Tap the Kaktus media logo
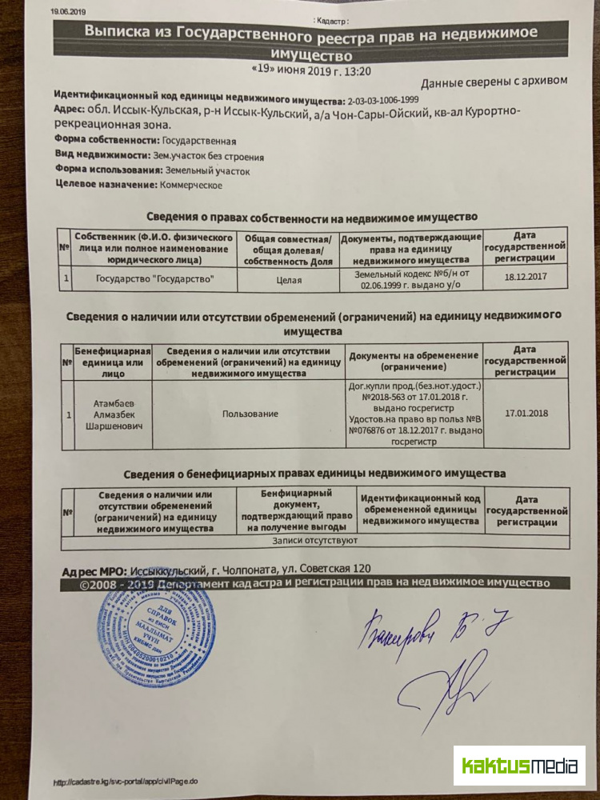pos(518,766)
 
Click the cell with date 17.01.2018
pos(526,414)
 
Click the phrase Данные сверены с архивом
pos(494,81)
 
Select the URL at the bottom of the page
pos(126,782)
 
